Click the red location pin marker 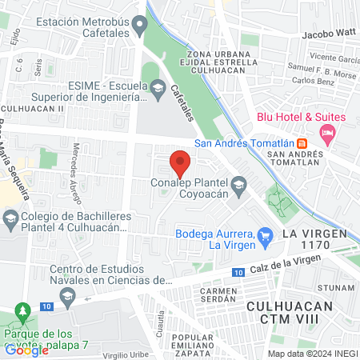(180, 165)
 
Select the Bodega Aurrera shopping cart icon (266, 235)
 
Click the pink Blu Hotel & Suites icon (326, 135)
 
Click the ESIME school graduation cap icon (158, 86)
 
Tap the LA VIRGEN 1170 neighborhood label (312, 241)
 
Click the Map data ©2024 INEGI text (312, 354)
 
